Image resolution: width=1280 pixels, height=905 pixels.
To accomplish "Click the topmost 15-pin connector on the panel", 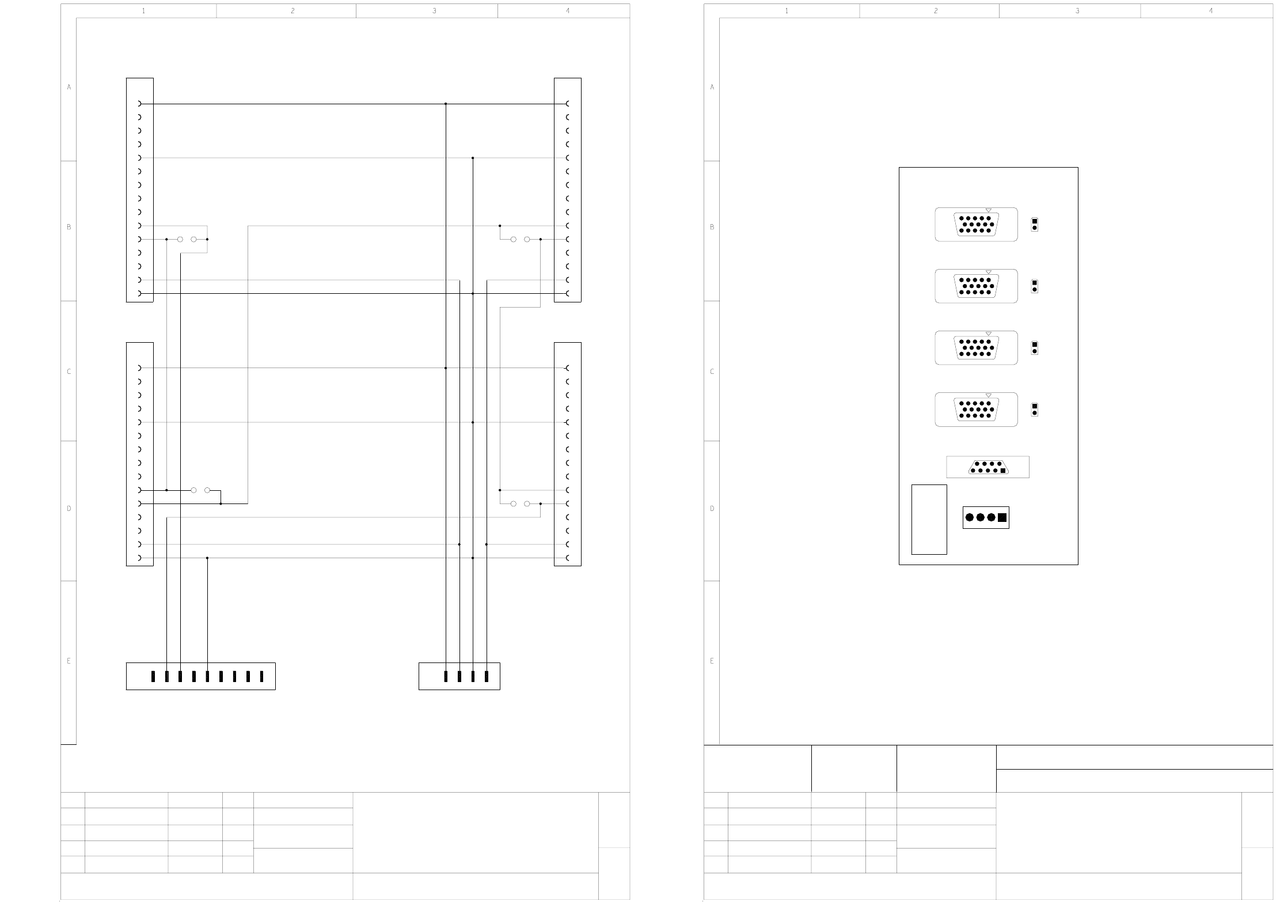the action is click(x=976, y=225).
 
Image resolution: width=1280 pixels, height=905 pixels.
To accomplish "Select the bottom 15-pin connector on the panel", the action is click(x=976, y=410).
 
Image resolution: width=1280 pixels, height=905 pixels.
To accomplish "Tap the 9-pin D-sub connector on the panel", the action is click(x=988, y=467).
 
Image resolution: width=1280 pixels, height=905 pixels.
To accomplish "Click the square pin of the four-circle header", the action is click(x=1002, y=517).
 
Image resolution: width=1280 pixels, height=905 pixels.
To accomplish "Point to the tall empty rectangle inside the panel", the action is click(x=929, y=519).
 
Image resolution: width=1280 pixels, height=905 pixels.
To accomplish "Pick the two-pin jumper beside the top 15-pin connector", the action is click(x=1034, y=224).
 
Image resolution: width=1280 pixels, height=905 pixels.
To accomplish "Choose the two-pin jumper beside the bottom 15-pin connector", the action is click(x=1034, y=410).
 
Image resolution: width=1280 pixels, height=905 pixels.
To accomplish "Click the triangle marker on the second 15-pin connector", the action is click(x=989, y=272).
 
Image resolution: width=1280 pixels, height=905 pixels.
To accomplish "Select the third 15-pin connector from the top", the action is click(x=976, y=348).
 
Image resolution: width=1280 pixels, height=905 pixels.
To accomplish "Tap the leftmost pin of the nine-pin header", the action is click(x=153, y=676).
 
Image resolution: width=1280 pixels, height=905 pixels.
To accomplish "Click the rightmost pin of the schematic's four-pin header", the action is click(x=487, y=676).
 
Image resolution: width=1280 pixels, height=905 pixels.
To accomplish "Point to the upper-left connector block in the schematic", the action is click(x=140, y=190).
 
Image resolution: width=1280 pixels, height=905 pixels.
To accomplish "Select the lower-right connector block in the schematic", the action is click(x=567, y=454).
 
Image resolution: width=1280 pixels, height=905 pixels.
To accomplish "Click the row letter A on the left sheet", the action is click(x=69, y=88).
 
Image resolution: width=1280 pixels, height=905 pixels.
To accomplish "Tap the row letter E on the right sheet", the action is click(x=712, y=661).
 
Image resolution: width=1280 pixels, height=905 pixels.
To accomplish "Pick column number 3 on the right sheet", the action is click(x=1077, y=11).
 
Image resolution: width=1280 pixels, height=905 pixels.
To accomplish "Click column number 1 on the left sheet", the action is click(x=143, y=11).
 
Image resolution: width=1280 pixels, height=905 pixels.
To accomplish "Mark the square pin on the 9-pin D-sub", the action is click(x=1003, y=471).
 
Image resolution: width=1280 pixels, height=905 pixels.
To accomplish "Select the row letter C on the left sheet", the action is click(x=69, y=372).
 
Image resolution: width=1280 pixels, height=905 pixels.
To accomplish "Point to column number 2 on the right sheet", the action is click(x=936, y=11).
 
